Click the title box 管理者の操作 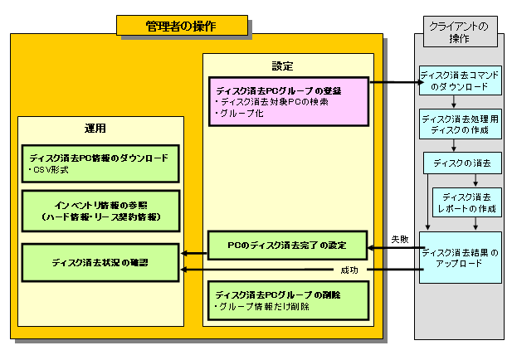coord(182,26)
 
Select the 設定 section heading coord(283,66)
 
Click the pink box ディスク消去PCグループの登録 coord(287,100)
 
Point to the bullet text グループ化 coord(241,114)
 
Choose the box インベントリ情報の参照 coord(100,210)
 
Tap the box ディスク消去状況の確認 coord(100,261)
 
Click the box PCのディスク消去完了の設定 coord(287,246)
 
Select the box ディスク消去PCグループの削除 coord(287,299)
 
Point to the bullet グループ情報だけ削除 coord(261,307)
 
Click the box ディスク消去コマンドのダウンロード coord(460,80)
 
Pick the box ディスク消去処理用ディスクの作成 coord(460,124)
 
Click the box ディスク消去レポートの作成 coord(467,202)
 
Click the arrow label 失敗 coord(399,239)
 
